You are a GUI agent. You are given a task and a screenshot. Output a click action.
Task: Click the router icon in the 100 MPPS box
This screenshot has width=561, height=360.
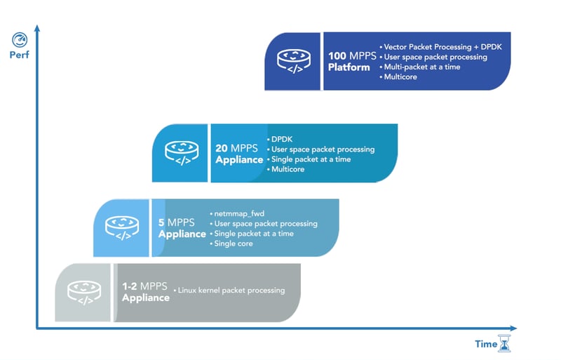coord(293,61)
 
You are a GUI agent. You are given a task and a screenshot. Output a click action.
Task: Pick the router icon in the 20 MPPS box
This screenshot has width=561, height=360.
coord(182,152)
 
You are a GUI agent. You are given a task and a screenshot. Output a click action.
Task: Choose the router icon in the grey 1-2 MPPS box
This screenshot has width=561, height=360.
coord(83,292)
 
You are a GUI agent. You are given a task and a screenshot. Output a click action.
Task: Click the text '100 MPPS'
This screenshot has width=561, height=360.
coord(353,56)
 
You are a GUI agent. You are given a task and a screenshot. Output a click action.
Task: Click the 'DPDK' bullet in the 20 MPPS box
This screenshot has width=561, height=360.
coord(282,139)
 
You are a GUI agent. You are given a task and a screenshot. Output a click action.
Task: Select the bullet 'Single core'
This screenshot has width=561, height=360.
coord(234,244)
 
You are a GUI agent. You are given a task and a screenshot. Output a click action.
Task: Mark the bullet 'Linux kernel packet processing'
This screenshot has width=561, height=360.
coord(231,290)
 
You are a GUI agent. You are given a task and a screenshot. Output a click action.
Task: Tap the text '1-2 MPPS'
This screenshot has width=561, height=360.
coord(145,286)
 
